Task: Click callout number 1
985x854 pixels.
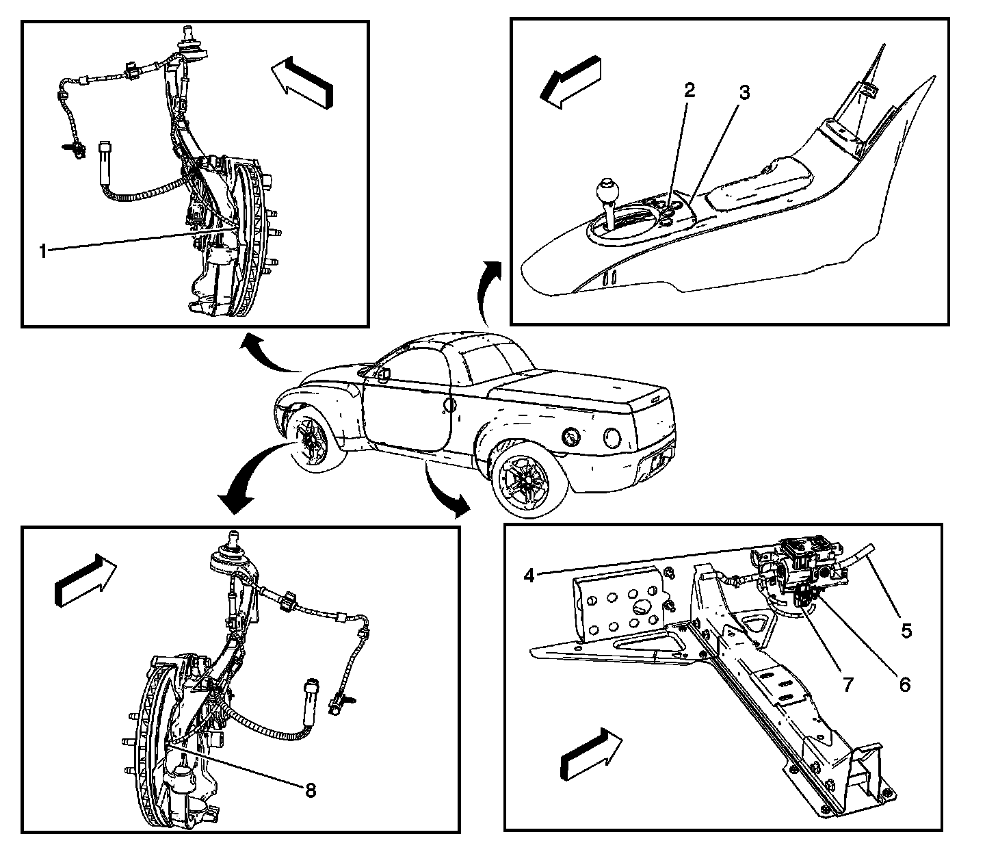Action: (x=43, y=251)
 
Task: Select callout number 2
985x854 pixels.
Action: (x=689, y=90)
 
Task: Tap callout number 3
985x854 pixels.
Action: (x=744, y=93)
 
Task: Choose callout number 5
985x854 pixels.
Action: (x=906, y=630)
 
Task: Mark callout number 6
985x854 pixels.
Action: (x=905, y=684)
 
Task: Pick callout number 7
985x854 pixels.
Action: (x=848, y=684)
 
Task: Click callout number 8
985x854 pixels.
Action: (x=311, y=790)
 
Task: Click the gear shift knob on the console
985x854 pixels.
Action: (x=606, y=189)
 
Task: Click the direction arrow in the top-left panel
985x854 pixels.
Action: (x=302, y=81)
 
